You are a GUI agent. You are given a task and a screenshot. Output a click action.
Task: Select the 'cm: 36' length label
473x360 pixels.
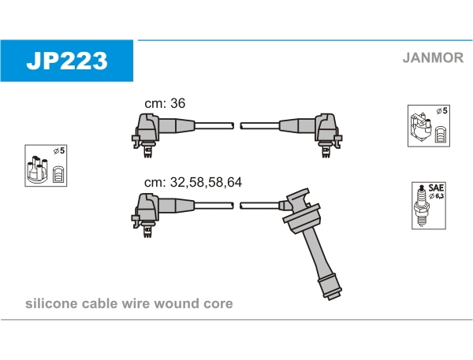(164, 103)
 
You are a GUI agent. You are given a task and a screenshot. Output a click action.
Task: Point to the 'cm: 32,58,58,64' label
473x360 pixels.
(192, 182)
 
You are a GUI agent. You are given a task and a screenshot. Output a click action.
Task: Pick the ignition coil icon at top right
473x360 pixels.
(427, 125)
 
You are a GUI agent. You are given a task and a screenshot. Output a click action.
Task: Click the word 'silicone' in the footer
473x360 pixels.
(50, 303)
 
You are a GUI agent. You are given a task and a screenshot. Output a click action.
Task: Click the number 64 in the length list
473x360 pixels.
(234, 182)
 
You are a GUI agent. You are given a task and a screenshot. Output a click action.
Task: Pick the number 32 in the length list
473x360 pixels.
(177, 182)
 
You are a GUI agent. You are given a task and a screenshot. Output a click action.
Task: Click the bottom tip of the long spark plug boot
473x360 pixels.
(332, 296)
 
